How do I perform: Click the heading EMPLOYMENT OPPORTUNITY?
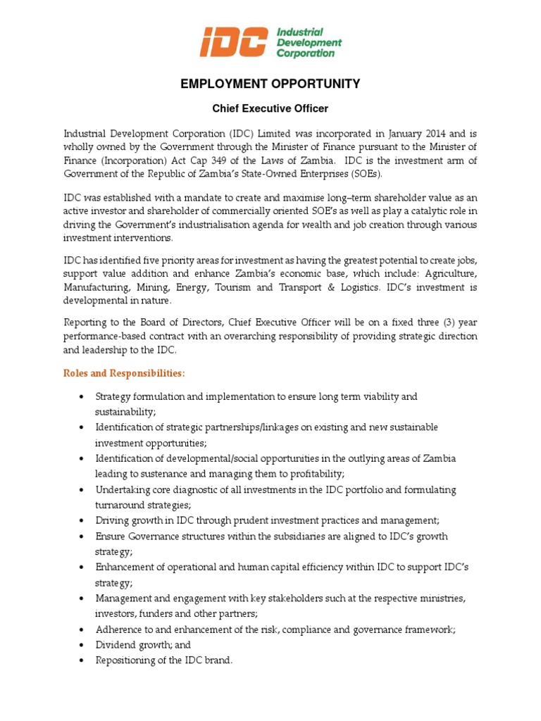click(x=270, y=84)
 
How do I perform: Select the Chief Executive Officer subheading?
click(x=270, y=108)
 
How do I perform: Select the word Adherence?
click(x=120, y=629)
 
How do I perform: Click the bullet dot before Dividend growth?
click(x=83, y=645)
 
